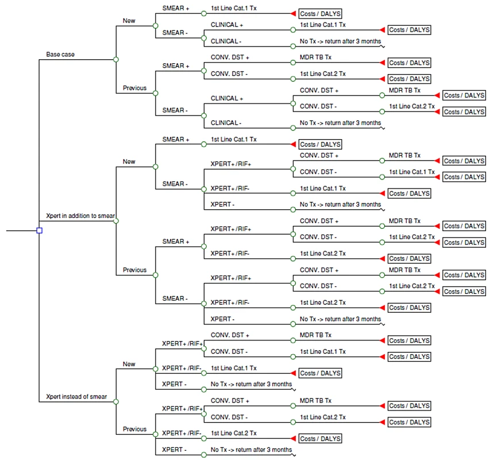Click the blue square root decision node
pos(40,231)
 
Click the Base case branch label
pos(60,55)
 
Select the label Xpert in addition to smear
pos(80,216)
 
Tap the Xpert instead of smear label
pos(76,397)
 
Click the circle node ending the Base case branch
pos(116,59)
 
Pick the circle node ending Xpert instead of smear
pos(116,401)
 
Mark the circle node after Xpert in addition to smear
pos(116,221)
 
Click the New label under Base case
pos(129,21)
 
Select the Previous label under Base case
pos(134,88)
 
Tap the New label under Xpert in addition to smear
pos(129,162)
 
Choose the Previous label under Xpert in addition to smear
pos(134,270)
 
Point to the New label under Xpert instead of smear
pos(129,364)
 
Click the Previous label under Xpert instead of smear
pos(134,429)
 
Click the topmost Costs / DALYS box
pos(321,14)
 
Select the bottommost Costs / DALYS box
pos(321,439)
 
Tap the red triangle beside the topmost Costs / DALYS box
pos(293,13)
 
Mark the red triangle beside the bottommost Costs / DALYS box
pos(293,438)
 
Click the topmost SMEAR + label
pos(176,9)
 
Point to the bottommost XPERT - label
pos(174,450)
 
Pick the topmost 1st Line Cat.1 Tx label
pos(234,8)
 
